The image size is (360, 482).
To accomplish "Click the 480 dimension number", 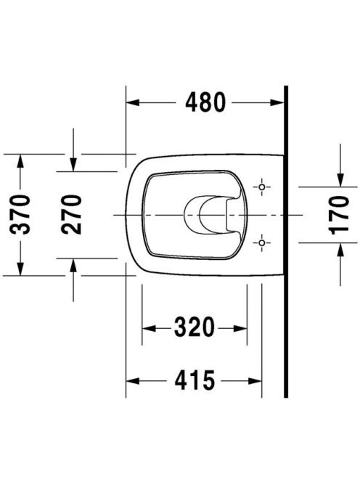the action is [205, 102].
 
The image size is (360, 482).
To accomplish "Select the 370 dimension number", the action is [20, 214].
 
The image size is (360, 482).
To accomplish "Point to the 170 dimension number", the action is [340, 215].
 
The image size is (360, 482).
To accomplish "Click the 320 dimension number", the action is [195, 327].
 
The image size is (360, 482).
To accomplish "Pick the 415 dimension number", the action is [195, 380].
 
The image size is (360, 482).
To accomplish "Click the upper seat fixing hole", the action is [261, 187].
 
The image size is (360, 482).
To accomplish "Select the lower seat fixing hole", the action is [261, 243].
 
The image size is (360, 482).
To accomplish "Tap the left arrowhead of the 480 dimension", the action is [133, 102].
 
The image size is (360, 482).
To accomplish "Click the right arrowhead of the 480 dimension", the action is [277, 102].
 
